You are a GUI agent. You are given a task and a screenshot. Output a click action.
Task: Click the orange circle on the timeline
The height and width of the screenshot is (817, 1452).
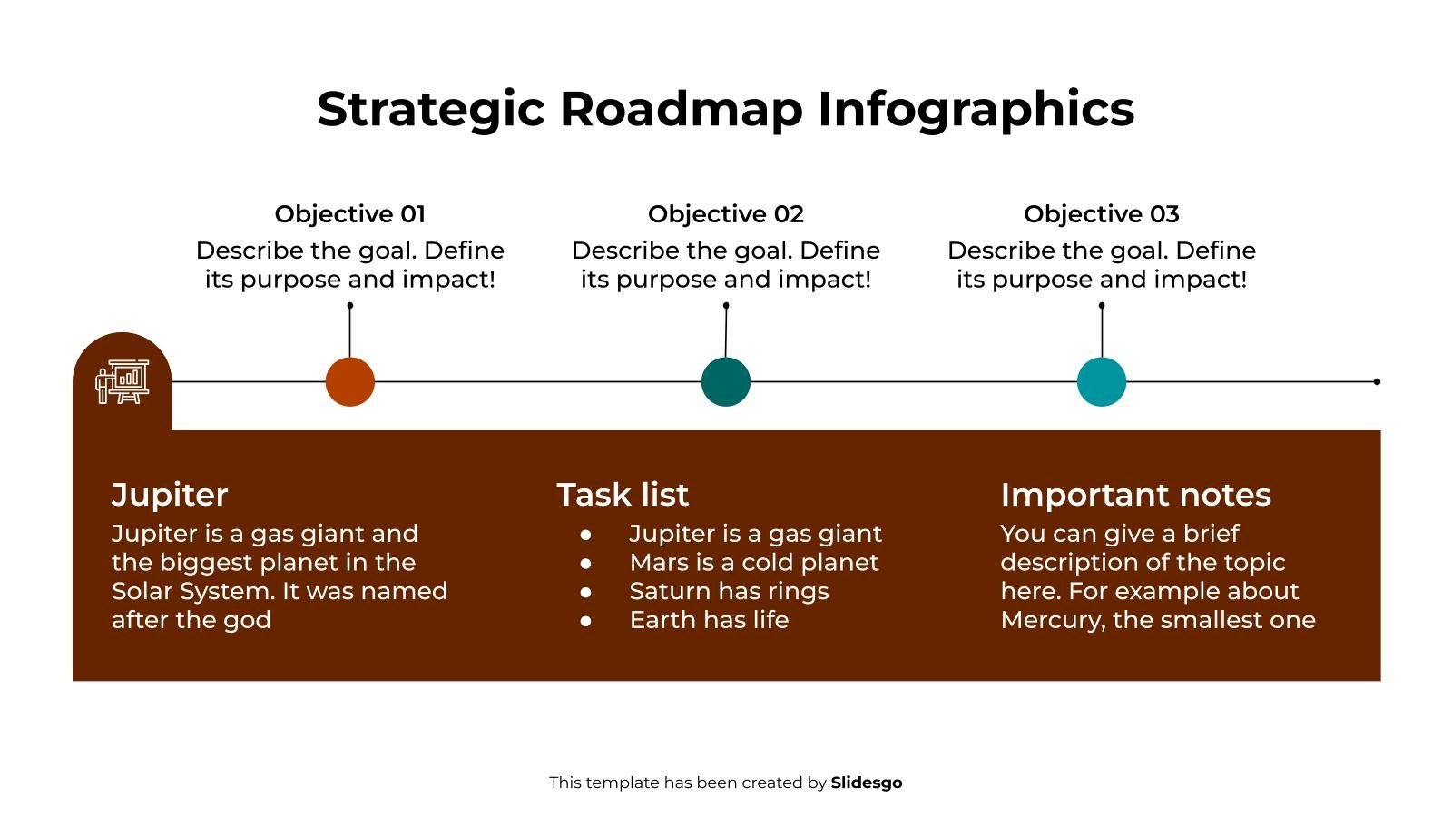349,381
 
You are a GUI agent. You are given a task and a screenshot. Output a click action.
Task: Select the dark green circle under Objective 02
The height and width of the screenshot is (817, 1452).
725,381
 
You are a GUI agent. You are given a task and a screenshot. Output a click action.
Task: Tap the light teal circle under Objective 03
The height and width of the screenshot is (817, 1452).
1101,381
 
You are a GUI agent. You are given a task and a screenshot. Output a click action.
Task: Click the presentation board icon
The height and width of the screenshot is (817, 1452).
122,382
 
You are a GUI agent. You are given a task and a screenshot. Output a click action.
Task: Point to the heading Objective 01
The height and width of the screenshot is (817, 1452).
349,214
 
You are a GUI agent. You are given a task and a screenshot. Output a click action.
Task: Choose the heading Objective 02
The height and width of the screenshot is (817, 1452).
725,214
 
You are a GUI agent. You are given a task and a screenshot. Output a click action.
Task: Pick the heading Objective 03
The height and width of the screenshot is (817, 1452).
1101,214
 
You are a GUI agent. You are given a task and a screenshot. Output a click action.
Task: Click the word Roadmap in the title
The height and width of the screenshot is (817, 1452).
681,109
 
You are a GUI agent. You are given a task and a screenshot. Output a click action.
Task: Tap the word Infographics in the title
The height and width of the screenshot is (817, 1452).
976,109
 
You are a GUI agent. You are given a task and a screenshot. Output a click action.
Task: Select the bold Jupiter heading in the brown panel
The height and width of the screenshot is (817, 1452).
170,495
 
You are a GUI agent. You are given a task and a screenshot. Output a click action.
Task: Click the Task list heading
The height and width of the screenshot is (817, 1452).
623,495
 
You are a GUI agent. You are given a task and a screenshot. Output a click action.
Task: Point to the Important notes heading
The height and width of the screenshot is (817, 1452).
1135,495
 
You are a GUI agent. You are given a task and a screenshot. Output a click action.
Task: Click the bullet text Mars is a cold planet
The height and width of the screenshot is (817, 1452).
753,563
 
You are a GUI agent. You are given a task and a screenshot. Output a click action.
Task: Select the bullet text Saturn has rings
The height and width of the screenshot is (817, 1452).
729,592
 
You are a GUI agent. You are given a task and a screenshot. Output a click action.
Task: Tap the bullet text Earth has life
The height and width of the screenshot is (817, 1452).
709,621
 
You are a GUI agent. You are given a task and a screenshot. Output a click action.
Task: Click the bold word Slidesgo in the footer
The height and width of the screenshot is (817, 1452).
866,783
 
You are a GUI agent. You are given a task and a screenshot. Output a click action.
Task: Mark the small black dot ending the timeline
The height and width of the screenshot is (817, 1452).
1377,381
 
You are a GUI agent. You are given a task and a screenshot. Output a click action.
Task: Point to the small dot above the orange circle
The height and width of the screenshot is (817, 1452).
349,306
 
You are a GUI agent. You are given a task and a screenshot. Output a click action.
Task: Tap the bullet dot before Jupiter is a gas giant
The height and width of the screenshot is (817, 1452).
586,535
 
